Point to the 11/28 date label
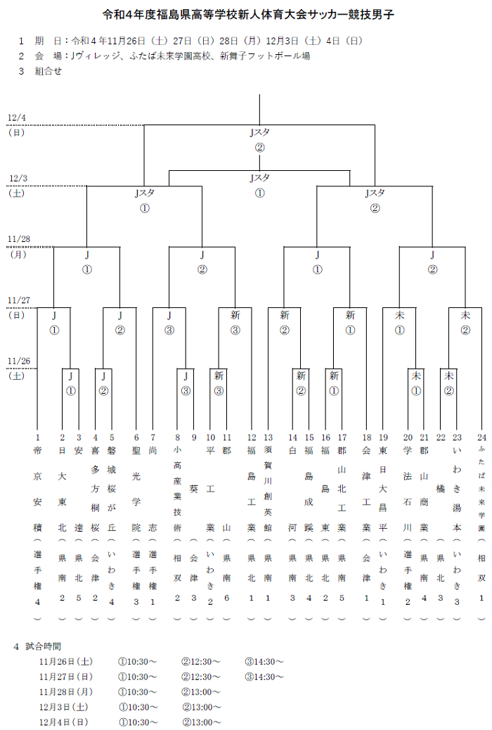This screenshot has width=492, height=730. [x=18, y=239]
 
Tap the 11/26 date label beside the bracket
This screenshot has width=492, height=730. [x=18, y=361]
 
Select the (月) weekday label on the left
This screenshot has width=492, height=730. [x=18, y=254]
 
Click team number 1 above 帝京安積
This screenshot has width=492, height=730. [x=37, y=437]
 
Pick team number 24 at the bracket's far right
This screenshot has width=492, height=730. [x=481, y=437]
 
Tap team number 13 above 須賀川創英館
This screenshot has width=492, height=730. [x=268, y=437]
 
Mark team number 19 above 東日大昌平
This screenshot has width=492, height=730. [x=384, y=437]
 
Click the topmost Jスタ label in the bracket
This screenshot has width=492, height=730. [x=259, y=132]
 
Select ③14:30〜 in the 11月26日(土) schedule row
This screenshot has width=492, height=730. [x=264, y=662]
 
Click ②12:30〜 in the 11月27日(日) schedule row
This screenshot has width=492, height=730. [x=201, y=677]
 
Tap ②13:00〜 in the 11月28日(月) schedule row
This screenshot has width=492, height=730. [x=201, y=692]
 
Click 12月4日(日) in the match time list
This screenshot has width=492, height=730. [x=64, y=722]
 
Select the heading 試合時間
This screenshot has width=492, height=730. [x=43, y=646]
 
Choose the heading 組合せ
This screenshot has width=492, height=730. [x=48, y=70]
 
